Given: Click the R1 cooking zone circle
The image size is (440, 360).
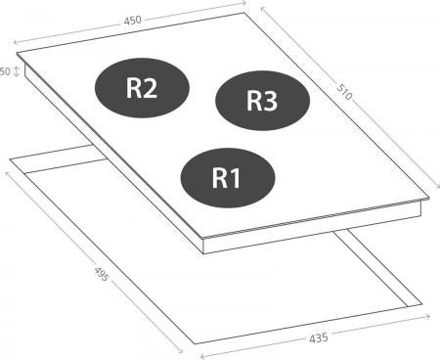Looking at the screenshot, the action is pos(228,178).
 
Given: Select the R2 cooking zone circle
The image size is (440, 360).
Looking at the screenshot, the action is pos(142,88).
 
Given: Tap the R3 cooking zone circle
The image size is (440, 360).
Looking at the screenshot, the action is pos(262,101).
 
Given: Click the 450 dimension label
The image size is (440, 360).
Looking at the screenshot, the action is pos(133,21).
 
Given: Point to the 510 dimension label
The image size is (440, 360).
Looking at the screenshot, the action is pos(344,92).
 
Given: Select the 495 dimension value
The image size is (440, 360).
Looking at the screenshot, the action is pos(101,274).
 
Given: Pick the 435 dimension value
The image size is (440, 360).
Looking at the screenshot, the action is pos(319,338).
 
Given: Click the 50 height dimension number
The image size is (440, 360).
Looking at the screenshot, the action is pos(5,71).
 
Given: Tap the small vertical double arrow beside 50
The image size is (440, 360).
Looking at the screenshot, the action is pos(17,71).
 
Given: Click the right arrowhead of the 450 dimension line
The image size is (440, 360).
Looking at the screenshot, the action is pos(243,3).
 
